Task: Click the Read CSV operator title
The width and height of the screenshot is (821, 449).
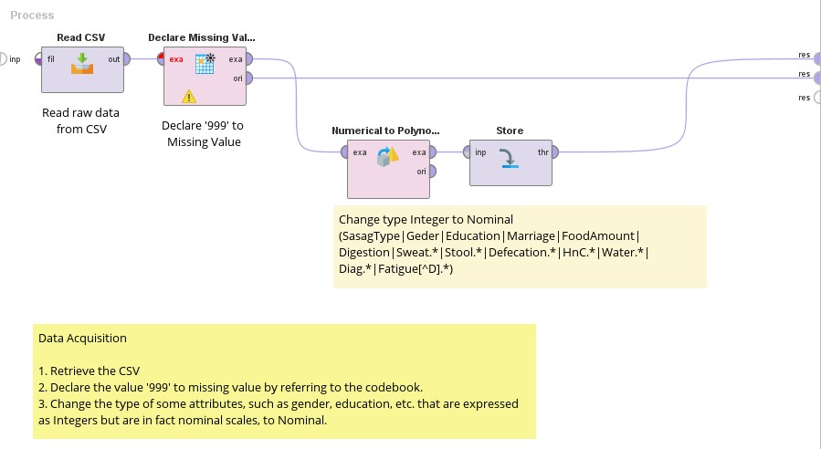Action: tap(81, 37)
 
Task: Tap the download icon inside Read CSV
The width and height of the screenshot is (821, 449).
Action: tap(82, 62)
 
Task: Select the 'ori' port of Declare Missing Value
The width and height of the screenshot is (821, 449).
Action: tap(248, 78)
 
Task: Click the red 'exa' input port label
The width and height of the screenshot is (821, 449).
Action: tap(176, 60)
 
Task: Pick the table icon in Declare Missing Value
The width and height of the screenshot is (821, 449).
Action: tap(205, 63)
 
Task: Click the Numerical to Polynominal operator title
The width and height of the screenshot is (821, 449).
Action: tap(384, 131)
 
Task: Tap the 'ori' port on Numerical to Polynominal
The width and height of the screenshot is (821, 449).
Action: tap(431, 171)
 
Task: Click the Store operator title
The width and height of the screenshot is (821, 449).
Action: tap(510, 131)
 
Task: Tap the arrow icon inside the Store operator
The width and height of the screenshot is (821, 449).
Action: tap(510, 158)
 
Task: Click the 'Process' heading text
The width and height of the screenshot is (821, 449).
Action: tap(32, 16)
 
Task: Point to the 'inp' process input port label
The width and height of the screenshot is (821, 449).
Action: tap(15, 59)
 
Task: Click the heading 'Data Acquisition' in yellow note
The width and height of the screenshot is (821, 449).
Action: tap(82, 338)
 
